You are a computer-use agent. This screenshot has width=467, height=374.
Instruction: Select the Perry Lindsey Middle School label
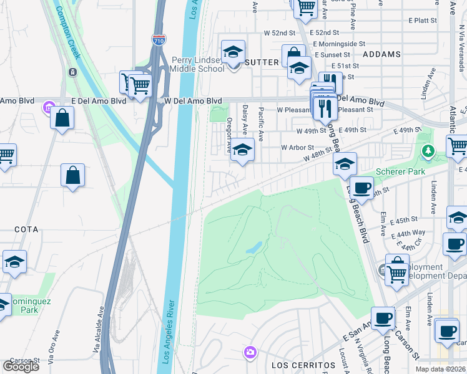click(198, 65)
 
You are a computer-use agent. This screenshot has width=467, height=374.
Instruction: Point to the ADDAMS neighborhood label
click(381, 54)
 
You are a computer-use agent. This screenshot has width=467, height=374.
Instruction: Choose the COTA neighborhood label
click(26, 229)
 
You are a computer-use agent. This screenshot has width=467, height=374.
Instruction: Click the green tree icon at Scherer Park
click(428, 150)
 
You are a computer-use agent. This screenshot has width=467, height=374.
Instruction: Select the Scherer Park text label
click(400, 171)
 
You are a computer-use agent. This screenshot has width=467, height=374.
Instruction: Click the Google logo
click(21, 366)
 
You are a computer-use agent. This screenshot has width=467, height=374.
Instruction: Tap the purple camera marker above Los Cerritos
click(250, 353)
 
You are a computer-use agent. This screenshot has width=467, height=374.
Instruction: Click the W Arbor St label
click(297, 148)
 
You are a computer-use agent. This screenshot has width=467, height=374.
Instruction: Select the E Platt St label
click(425, 20)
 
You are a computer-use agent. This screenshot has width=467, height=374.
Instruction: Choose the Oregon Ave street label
click(229, 135)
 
